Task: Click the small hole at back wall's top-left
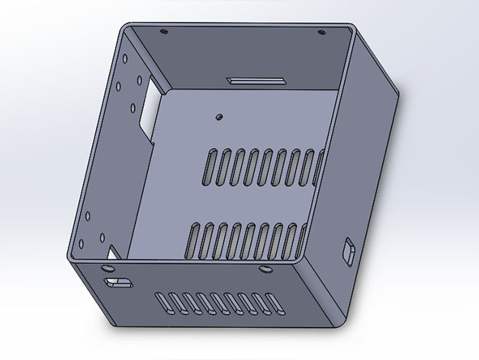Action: coord(163,32)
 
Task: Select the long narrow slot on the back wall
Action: coord(256,80)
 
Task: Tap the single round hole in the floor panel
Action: coord(219,117)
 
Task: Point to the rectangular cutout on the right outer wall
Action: coord(349,252)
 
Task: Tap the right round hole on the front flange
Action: coord(264,269)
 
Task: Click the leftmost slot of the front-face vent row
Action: coord(159,301)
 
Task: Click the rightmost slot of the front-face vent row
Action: coord(273,303)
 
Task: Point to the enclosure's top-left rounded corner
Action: coord(125,28)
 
